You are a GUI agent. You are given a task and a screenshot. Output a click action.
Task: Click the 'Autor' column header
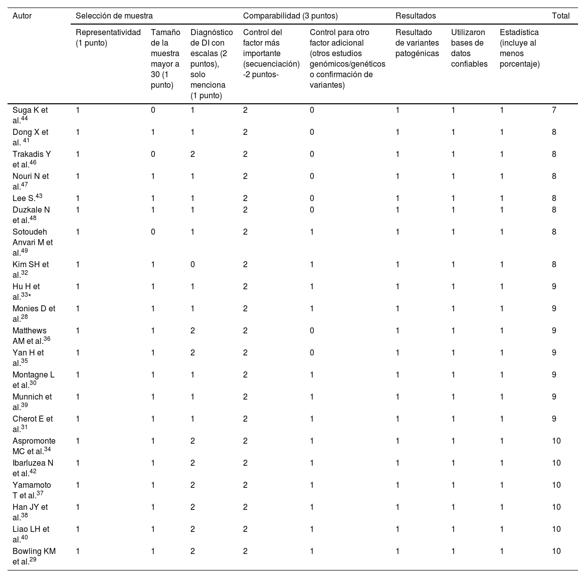[x=22, y=16]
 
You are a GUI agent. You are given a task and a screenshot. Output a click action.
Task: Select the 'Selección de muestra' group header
[x=114, y=16]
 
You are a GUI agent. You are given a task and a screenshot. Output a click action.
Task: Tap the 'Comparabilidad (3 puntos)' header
[x=290, y=16]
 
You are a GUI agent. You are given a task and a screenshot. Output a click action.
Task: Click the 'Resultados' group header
[x=416, y=16]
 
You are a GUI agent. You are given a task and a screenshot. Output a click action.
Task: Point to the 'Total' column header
[x=560, y=16]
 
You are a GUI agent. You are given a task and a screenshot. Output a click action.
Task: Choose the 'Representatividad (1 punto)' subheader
[x=108, y=38]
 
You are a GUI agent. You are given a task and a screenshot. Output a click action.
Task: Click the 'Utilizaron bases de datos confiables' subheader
[x=469, y=48]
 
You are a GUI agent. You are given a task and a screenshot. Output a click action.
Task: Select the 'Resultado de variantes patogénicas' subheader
[x=417, y=43]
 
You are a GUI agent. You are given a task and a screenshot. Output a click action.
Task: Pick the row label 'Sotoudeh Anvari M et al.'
[x=33, y=242]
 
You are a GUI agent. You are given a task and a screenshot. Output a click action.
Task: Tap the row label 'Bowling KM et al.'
[x=34, y=556]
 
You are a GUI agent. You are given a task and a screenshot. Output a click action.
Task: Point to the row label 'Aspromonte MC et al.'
[x=34, y=446]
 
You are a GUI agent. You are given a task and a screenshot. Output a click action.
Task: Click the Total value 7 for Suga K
[x=554, y=110]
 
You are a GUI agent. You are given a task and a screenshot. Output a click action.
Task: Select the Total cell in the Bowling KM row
[x=556, y=551]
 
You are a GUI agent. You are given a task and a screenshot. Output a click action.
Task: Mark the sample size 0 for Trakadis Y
[x=153, y=154]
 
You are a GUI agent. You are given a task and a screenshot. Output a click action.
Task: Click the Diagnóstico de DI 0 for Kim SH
[x=192, y=265]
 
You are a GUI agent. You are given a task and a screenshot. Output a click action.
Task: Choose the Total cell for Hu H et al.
[x=554, y=287]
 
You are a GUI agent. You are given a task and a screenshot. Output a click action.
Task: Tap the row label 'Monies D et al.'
[x=34, y=314]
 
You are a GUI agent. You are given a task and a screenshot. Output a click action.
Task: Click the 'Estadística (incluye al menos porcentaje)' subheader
[x=520, y=48]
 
